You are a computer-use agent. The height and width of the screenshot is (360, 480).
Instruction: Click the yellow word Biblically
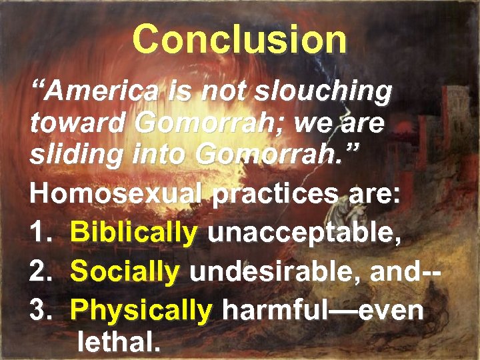point(133,233)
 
